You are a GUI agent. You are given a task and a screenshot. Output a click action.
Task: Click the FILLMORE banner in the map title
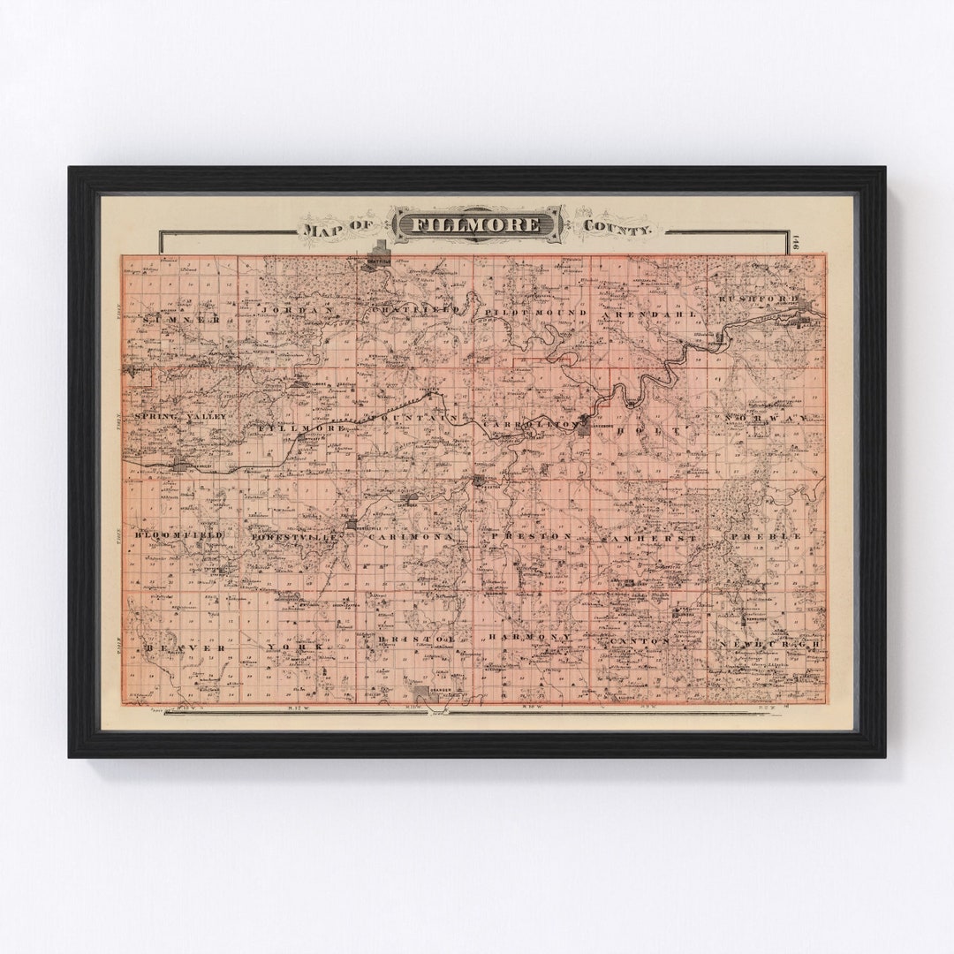click(x=477, y=224)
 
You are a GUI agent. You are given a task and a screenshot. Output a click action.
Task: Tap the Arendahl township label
click(x=649, y=314)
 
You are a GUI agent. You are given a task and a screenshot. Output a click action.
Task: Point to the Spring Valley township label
click(x=181, y=415)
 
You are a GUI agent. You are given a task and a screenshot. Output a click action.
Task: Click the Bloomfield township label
click(x=178, y=535)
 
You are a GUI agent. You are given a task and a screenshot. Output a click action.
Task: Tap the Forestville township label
click(x=295, y=536)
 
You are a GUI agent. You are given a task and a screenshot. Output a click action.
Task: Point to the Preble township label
click(x=765, y=535)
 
